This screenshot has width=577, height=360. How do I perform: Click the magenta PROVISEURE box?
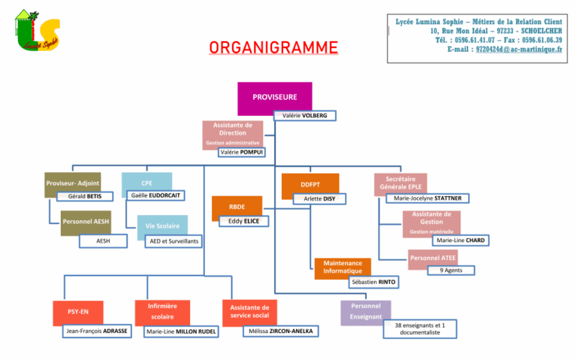click(274, 98)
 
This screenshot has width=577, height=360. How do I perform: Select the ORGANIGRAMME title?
click(273, 48)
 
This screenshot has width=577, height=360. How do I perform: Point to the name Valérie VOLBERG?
click(304, 116)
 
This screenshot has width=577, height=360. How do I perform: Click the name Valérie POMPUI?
click(242, 152)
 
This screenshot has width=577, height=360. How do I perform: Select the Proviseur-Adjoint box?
click(73, 183)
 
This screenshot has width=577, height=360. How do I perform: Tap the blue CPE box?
click(147, 183)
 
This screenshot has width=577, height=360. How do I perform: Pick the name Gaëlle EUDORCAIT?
click(156, 195)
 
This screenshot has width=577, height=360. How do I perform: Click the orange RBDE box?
click(236, 207)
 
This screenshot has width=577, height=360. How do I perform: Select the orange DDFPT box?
click(310, 185)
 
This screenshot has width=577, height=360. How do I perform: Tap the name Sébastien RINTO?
click(373, 282)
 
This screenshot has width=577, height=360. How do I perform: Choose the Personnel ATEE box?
click(433, 259)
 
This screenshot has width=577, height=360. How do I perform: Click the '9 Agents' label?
click(451, 270)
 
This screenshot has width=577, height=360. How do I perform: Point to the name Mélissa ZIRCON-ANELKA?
click(281, 331)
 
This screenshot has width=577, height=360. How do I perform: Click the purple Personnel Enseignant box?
click(366, 312)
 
